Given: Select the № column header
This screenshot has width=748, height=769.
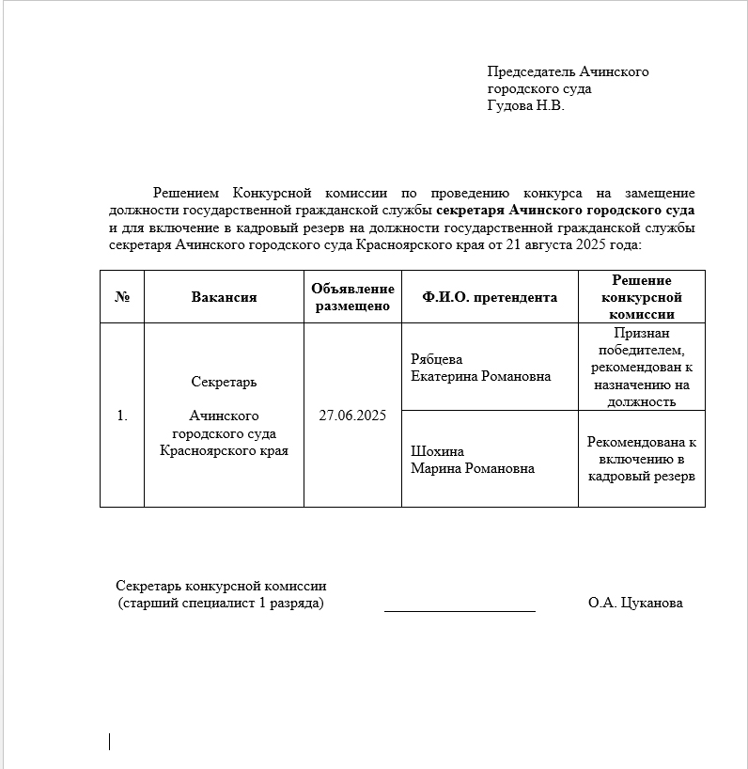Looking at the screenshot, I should point(122,297).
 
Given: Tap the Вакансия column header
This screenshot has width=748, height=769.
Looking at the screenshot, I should point(224,297).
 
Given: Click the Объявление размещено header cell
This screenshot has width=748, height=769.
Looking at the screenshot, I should point(352,297).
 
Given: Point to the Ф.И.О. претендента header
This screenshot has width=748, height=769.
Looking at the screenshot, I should point(490,297).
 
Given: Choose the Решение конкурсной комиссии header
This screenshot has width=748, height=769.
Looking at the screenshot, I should point(642,297).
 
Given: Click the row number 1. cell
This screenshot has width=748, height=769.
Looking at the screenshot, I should point(122,416).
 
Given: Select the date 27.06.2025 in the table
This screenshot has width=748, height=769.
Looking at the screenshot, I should point(352,416).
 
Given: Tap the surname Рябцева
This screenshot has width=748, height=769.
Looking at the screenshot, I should point(437,359).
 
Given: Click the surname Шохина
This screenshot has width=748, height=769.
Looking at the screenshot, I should point(437,451).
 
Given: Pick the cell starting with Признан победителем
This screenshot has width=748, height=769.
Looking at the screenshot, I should point(642,367).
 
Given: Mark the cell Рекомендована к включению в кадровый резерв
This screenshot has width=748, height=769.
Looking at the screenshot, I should point(642,459).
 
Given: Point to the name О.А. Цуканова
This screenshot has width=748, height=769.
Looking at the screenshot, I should point(635,604).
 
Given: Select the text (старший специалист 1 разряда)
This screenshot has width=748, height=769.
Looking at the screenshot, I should point(221,604).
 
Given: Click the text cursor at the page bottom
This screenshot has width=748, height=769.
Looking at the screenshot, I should point(110,742).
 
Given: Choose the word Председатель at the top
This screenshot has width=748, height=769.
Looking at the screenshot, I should point(531,72).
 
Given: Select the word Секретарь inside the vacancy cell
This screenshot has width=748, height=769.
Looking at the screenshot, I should point(224,383).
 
